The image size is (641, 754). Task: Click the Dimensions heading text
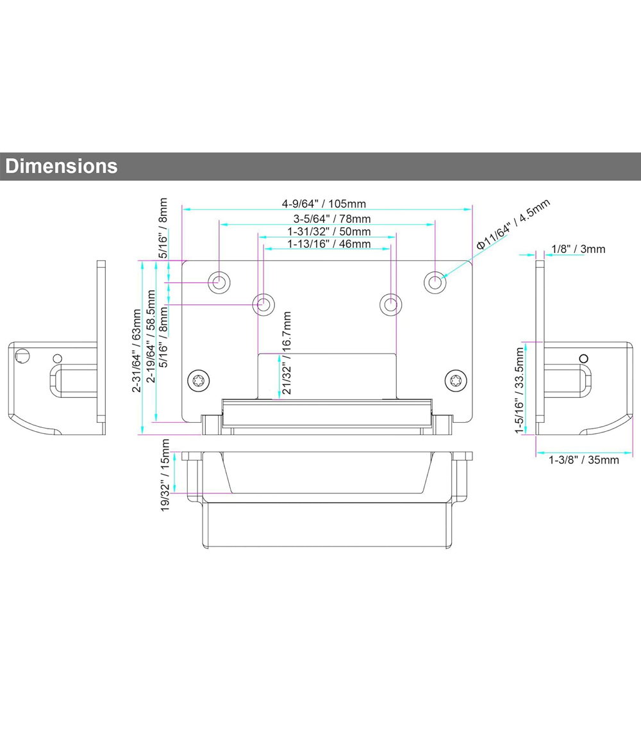click(x=61, y=166)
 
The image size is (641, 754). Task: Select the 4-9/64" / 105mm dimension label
click(x=324, y=204)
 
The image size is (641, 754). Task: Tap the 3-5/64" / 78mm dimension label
click(x=332, y=219)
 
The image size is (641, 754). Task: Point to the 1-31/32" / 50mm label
click(x=329, y=231)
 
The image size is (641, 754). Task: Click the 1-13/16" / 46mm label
click(x=329, y=244)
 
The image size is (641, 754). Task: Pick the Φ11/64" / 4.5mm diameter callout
click(x=513, y=224)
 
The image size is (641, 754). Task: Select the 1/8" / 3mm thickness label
click(x=578, y=249)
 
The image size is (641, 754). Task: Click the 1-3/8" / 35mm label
click(x=584, y=460)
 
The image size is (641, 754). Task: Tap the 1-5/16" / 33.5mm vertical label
click(x=519, y=391)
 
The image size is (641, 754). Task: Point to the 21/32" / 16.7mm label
click(x=287, y=353)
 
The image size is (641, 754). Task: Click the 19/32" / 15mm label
click(x=165, y=475)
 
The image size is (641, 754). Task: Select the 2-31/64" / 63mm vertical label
click(x=137, y=350)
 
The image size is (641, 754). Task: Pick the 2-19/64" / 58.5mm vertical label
click(x=151, y=336)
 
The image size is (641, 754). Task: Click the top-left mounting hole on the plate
click(x=219, y=282)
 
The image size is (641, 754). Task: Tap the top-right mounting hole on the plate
click(x=435, y=282)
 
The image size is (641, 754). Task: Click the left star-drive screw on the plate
click(x=198, y=381)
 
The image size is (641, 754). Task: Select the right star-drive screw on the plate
click(x=456, y=381)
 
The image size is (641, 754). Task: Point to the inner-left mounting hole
click(x=263, y=304)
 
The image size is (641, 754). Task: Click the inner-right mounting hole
click(x=391, y=304)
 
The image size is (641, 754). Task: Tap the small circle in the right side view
click(x=584, y=358)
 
